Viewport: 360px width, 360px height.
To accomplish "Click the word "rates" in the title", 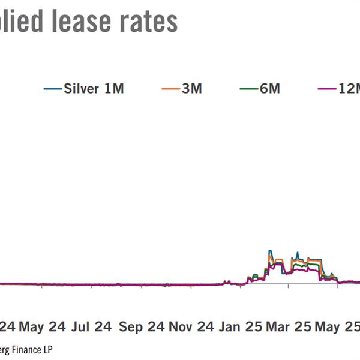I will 147,21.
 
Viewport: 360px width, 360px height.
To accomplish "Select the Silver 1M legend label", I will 94,89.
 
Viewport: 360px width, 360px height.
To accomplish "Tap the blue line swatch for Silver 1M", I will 52,89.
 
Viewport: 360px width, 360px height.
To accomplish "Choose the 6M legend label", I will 269,89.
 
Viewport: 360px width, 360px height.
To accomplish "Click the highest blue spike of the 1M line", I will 270,251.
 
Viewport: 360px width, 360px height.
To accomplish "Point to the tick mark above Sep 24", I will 140,286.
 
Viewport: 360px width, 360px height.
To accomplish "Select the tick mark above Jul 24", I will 91,286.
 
